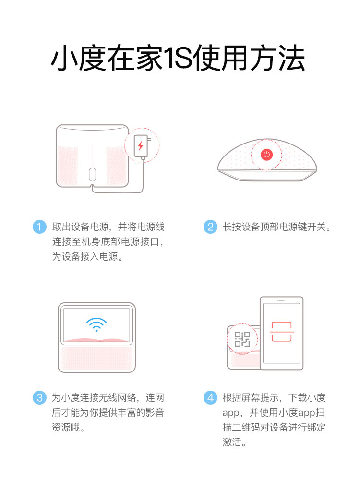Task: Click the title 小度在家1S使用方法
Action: click(178, 58)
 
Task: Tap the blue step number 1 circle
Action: click(39, 227)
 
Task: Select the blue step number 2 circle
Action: click(210, 227)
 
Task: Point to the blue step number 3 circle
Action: click(39, 397)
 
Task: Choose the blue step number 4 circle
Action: click(210, 397)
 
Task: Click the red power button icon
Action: click(266, 154)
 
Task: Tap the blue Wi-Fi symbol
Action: click(96, 324)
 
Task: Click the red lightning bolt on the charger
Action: click(140, 145)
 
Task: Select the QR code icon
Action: click(242, 339)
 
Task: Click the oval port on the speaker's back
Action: click(92, 174)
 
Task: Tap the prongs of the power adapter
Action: click(149, 139)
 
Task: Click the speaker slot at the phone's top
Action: click(281, 301)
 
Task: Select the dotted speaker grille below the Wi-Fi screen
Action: click(96, 359)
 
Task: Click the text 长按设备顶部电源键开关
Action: click(274, 227)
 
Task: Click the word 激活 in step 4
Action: click(232, 442)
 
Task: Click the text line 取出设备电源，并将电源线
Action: click(108, 227)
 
